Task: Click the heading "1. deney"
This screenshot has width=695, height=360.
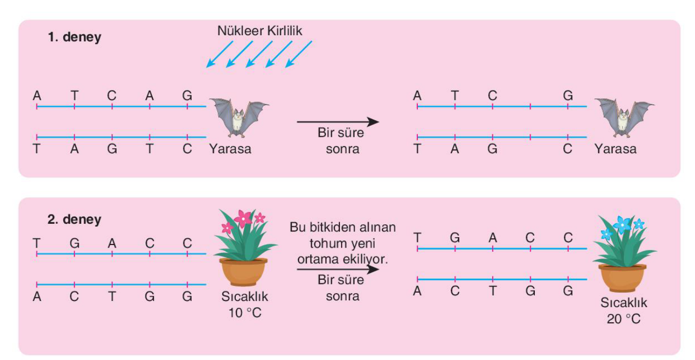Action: pos(75,37)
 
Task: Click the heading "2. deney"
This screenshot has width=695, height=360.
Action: pos(75,220)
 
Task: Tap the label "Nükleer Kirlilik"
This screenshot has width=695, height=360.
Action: pos(259,31)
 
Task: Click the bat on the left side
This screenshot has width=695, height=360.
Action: pos(239,118)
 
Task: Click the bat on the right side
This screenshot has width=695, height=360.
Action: pos(625,118)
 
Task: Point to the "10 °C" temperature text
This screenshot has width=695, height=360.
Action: pos(245,313)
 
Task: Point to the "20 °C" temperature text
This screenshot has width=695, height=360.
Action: pos(623,319)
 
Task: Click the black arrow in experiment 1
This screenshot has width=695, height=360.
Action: pos(337,122)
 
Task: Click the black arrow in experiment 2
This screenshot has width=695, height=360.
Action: pos(337,269)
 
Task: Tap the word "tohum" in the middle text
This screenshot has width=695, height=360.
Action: pos(325,243)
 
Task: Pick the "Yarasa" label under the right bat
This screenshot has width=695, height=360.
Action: pos(615,149)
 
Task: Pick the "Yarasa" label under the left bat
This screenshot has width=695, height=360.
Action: pos(230,149)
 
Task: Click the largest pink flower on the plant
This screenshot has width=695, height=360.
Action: pos(243,219)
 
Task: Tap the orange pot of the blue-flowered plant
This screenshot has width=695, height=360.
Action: pos(622,278)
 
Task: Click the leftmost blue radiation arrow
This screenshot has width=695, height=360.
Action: pos(220,54)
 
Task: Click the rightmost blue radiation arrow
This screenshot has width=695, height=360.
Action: pos(299,54)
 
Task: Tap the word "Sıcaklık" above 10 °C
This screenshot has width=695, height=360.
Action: pos(245,297)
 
